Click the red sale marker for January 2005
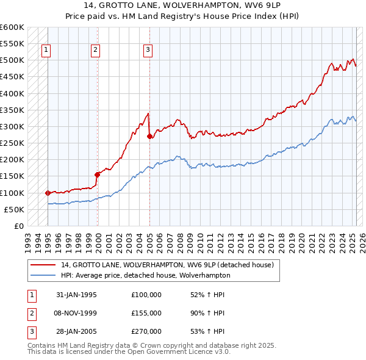click(x=149, y=137)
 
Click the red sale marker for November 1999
click(x=97, y=175)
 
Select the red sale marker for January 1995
click(x=48, y=193)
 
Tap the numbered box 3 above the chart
click(x=148, y=51)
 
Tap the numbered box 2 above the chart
click(x=96, y=51)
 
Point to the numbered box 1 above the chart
click(x=46, y=51)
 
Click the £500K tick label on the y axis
click(x=12, y=60)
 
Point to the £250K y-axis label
click(x=12, y=143)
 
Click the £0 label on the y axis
click(x=19, y=226)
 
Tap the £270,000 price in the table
click(x=146, y=331)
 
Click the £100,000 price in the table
click(x=146, y=295)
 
